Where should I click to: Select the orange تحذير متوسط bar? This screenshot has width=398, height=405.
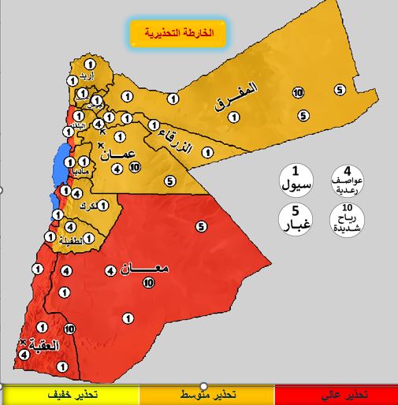(x=206, y=394)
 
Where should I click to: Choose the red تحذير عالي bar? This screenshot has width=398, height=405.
(x=337, y=394)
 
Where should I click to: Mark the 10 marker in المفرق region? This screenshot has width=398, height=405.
(x=298, y=93)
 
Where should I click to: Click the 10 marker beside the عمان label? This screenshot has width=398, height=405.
(x=135, y=166)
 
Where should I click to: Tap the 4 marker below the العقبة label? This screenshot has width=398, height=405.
(x=24, y=355)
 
